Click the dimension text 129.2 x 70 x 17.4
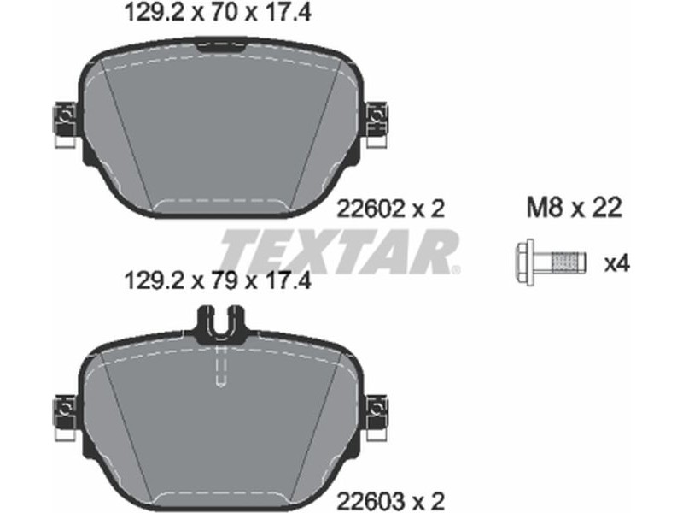218,13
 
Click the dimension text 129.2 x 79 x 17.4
218,280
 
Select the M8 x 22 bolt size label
574,208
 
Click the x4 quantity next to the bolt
616,263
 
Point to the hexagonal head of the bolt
524,262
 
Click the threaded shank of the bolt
563,262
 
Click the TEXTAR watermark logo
337,251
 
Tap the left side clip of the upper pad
65,124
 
